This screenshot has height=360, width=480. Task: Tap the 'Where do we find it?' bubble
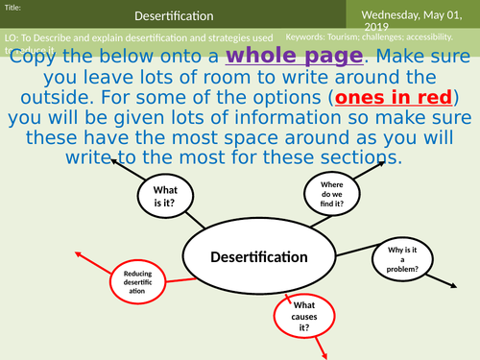[x=331, y=191]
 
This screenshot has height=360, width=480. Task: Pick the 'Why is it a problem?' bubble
[x=404, y=258]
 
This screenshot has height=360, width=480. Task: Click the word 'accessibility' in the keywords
[x=424, y=38]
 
